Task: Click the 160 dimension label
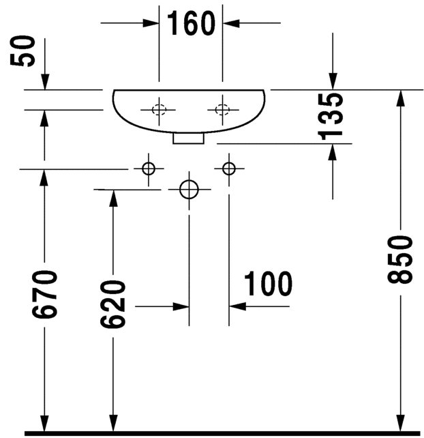coord(191,25)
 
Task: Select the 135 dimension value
coord(332,115)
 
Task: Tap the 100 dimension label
coord(267,283)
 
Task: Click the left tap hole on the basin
coord(159,109)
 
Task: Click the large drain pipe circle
coord(189,189)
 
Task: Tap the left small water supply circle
coord(148,169)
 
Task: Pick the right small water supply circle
coord(229,169)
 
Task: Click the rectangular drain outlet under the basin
coord(189,138)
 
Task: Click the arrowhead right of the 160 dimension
coord(230,23)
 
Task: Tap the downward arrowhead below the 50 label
coord(45,82)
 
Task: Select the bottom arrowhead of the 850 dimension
coord(401,424)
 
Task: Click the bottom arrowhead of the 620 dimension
coord(113,424)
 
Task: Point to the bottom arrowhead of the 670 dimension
coord(45,424)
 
